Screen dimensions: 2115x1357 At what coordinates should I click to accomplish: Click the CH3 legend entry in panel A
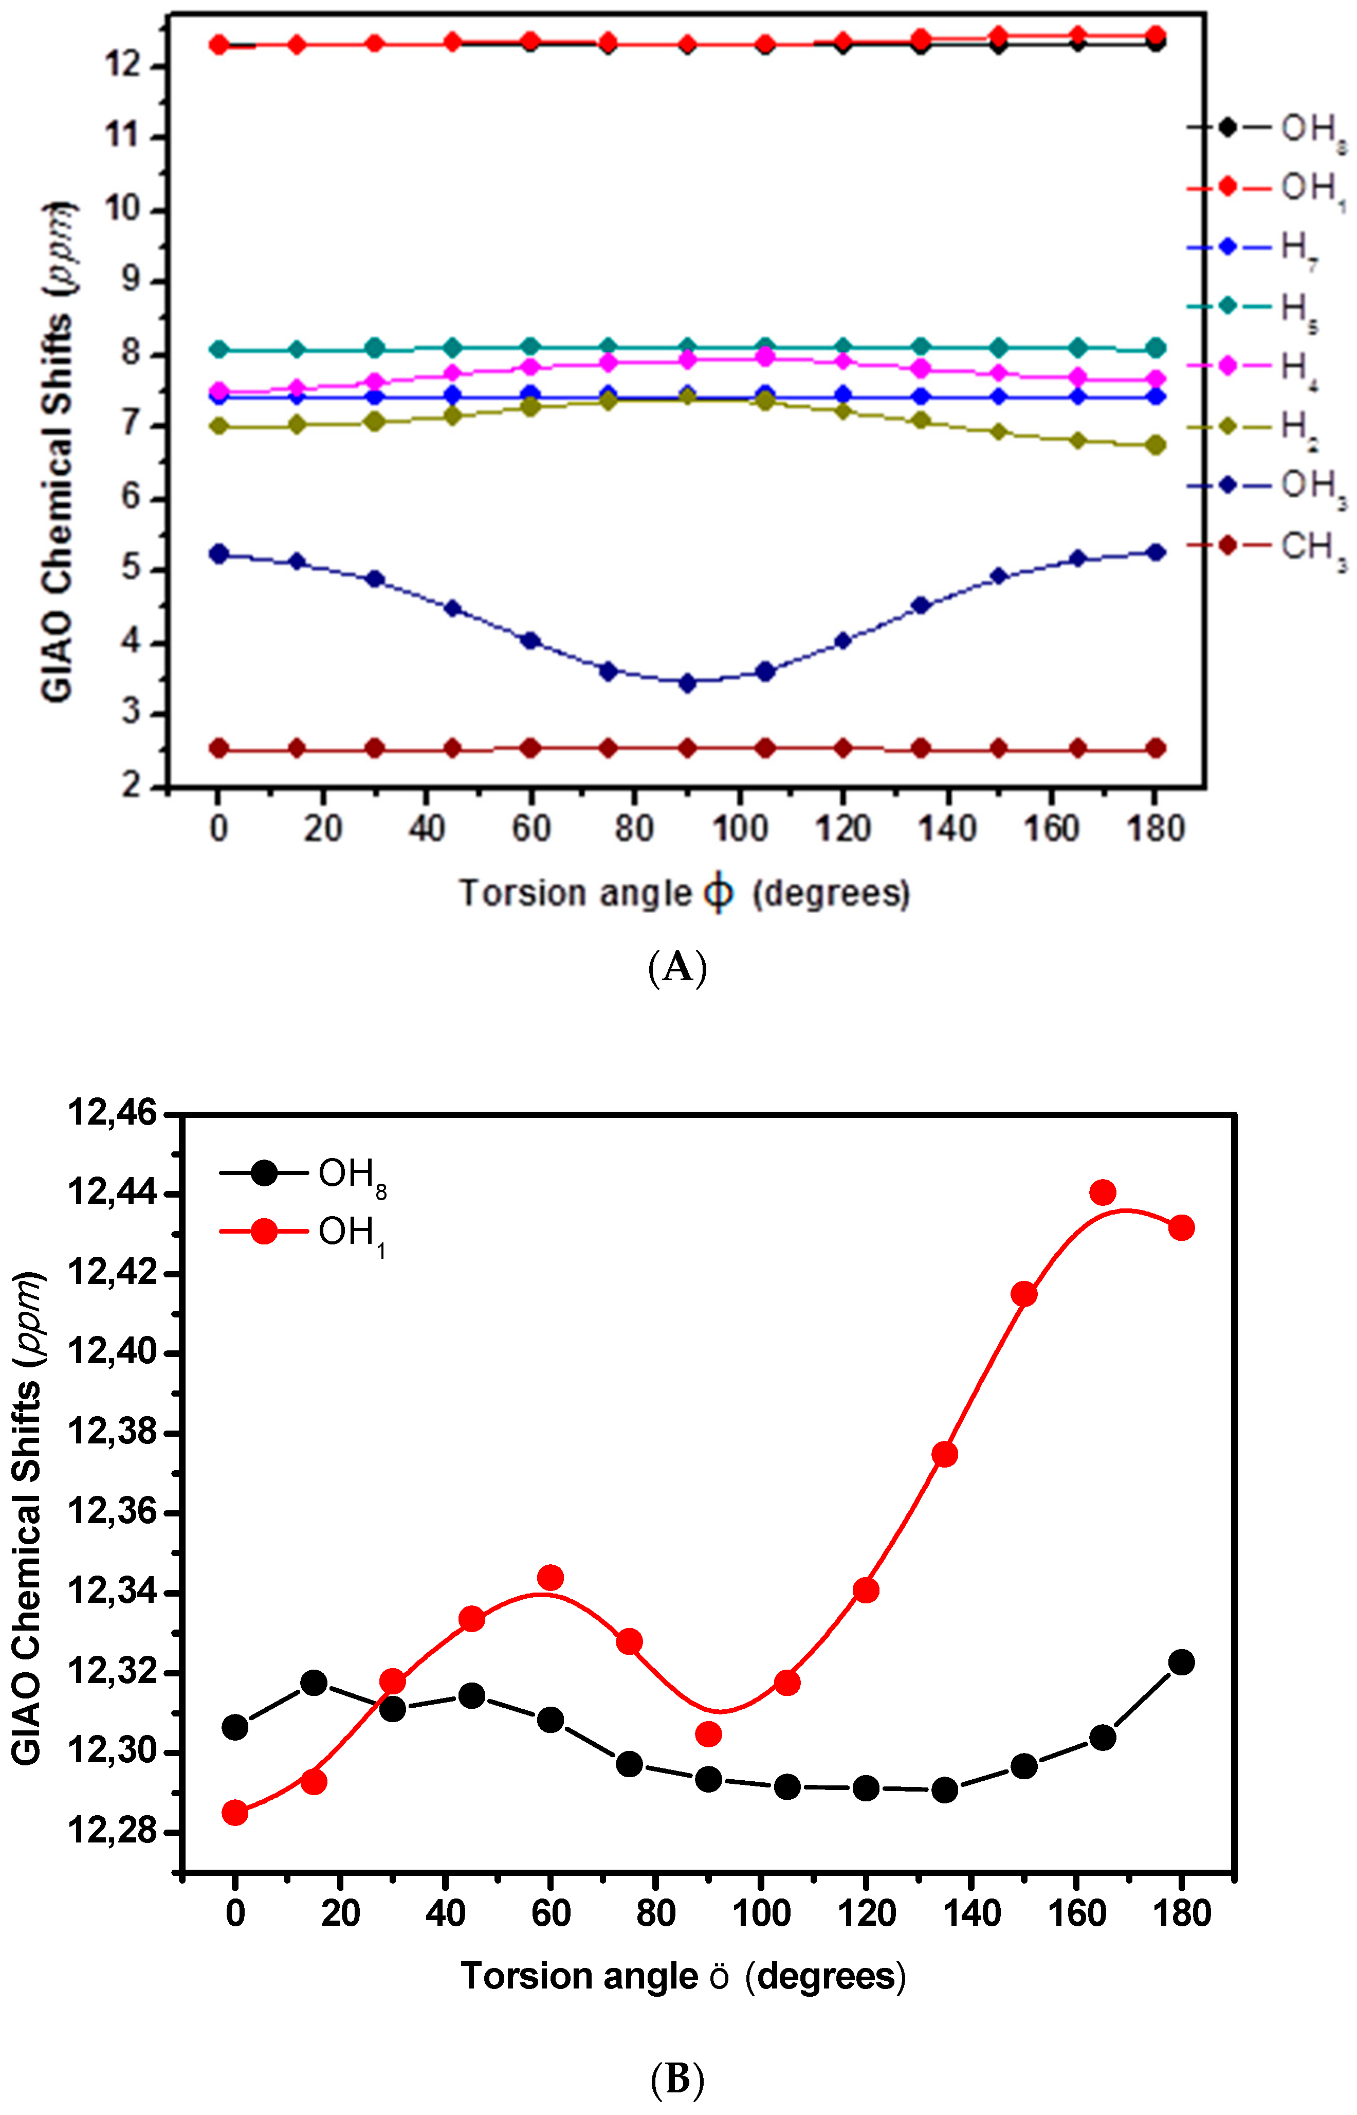[1269, 547]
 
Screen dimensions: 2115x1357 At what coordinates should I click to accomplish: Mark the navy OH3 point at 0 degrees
[218, 553]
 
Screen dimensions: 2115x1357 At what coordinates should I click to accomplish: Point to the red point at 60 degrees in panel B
[551, 1578]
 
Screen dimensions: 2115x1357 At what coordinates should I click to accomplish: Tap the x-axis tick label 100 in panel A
[739, 828]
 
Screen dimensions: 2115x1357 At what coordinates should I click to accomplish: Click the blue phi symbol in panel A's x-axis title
[718, 894]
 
